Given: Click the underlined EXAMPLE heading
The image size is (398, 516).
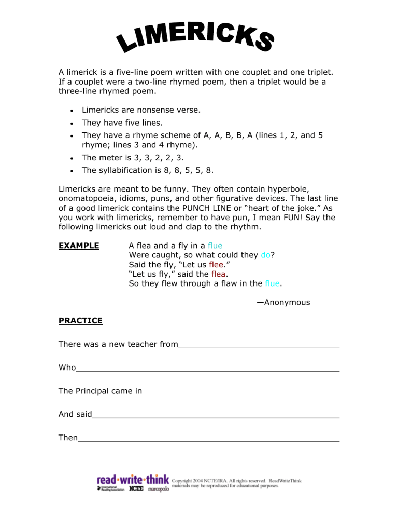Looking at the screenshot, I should tap(79, 245).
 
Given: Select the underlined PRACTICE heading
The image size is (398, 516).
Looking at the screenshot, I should tap(80, 321).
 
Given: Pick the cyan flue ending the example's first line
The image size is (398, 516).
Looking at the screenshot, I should tap(215, 245).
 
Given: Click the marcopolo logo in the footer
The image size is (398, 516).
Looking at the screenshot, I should tap(159, 490).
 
